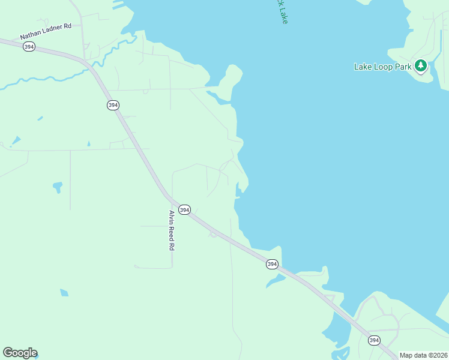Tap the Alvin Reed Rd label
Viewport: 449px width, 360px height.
(171, 230)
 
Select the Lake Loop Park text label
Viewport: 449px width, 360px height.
(382, 67)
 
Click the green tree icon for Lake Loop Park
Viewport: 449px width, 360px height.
(421, 65)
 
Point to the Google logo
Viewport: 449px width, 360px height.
(20, 353)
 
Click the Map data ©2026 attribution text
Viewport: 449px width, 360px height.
(423, 355)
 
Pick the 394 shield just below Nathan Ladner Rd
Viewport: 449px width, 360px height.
(29, 47)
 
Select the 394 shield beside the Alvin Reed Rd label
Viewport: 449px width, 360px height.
(184, 210)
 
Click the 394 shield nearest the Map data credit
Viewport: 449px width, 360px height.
(374, 340)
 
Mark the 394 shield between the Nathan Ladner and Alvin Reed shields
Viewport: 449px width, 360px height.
(113, 105)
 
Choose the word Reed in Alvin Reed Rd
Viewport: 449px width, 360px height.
(171, 231)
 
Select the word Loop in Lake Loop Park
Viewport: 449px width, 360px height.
(382, 67)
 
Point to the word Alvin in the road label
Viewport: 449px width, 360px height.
(171, 216)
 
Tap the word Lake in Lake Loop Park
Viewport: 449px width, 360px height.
(363, 67)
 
